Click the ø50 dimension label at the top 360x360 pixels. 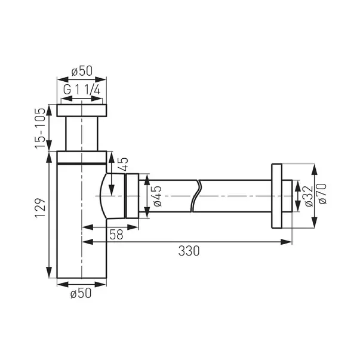(82, 71)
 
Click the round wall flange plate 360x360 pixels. (277, 195)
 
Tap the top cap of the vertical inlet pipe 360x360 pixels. (82, 110)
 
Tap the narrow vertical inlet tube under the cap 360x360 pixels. (82, 134)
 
